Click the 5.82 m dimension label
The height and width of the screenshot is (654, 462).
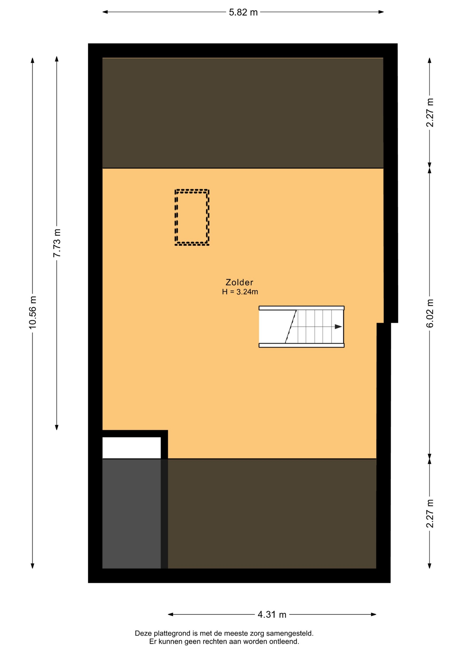point(243,13)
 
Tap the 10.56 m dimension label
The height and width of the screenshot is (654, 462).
point(33,313)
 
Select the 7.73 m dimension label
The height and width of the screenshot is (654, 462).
point(57,243)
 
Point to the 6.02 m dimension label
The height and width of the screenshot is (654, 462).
point(430,313)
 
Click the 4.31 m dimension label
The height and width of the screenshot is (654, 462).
point(272,614)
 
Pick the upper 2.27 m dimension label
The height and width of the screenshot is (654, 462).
point(430,113)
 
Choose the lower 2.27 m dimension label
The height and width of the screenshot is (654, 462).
point(430,514)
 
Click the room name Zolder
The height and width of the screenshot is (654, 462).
point(240,282)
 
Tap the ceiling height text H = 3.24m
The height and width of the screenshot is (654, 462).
point(240,292)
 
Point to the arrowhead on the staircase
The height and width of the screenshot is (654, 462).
point(338,327)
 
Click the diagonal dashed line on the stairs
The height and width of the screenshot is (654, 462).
point(291,326)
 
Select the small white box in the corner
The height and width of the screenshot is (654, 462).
point(132,448)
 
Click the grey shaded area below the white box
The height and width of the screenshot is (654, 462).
point(132,513)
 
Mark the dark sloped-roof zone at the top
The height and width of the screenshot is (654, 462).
point(243,113)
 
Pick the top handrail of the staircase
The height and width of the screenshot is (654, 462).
point(301,308)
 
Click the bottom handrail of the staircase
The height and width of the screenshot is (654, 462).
point(301,345)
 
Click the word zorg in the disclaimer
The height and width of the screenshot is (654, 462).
point(257,634)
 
